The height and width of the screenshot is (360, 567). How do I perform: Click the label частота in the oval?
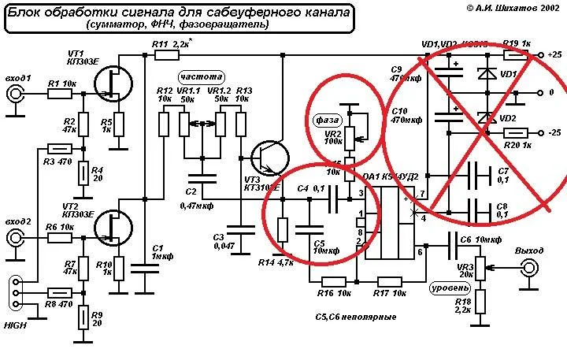tap(201, 77)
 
